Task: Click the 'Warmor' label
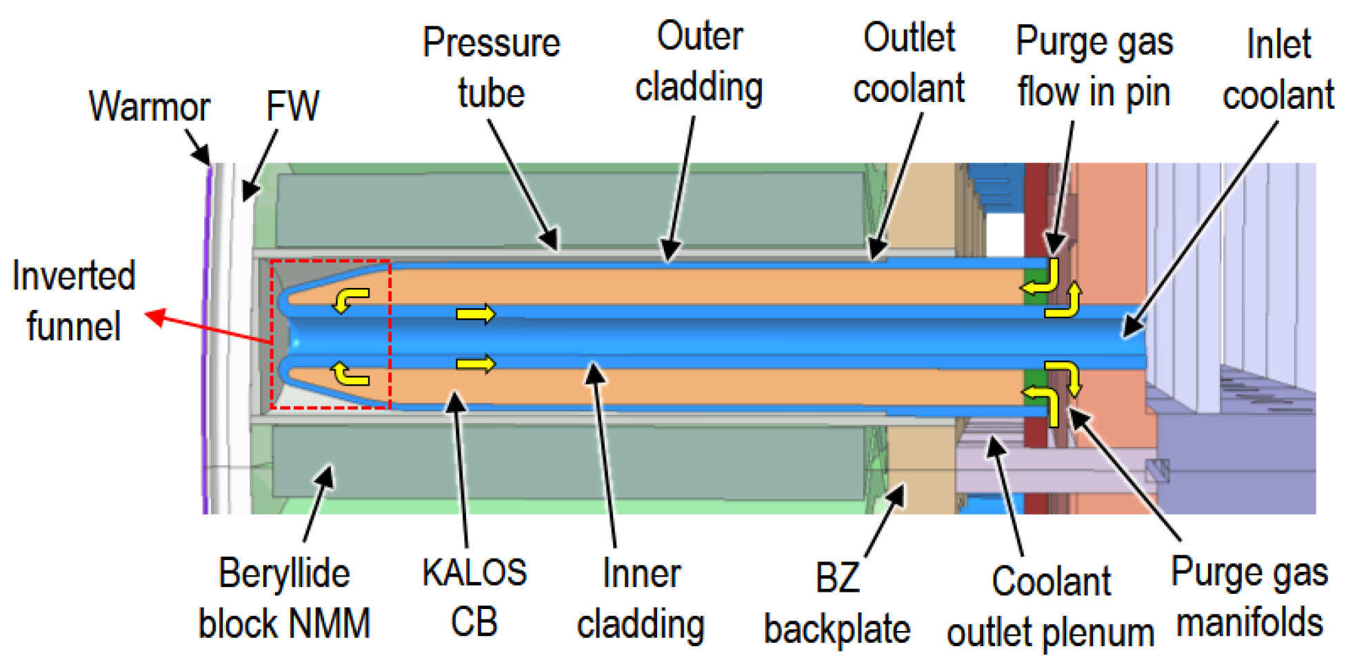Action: (x=149, y=107)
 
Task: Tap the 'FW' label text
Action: (x=292, y=106)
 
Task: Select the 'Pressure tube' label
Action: (x=491, y=68)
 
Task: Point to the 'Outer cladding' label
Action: (x=699, y=62)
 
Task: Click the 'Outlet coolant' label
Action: (x=909, y=63)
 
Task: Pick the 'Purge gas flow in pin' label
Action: (x=1094, y=68)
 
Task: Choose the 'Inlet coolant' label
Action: (x=1278, y=70)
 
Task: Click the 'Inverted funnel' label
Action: (x=74, y=301)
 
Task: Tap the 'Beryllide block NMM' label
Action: (x=284, y=598)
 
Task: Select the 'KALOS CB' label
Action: (x=474, y=597)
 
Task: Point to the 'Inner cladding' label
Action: (x=641, y=599)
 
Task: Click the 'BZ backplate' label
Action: (x=837, y=603)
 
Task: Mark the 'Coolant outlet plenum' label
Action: (x=1050, y=606)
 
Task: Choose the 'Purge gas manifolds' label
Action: (x=1249, y=597)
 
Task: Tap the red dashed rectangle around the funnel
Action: (x=390, y=334)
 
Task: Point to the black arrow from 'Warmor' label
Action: (x=197, y=147)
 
